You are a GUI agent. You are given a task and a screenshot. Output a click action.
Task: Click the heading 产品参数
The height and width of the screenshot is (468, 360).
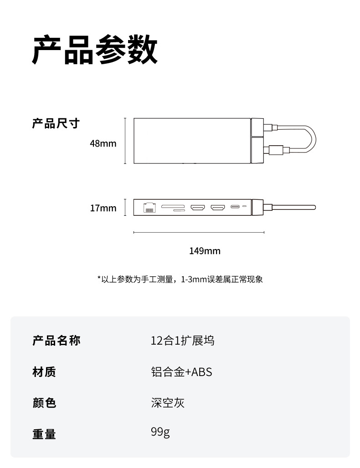tap(95, 50)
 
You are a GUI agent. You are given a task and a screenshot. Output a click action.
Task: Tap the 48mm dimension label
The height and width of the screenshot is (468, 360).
tap(103, 144)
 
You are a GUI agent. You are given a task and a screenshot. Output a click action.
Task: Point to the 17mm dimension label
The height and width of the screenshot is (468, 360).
tap(103, 209)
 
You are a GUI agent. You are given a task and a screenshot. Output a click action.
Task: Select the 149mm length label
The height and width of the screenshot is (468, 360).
tap(205, 251)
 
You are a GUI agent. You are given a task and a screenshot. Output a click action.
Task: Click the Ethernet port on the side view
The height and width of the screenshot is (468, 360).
tap(149, 208)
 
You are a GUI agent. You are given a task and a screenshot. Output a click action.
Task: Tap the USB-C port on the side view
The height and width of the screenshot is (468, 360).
tap(236, 207)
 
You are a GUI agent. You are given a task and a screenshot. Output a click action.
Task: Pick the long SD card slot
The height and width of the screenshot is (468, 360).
tap(173, 206)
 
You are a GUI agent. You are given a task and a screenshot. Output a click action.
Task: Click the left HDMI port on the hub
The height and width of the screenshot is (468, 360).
tap(197, 208)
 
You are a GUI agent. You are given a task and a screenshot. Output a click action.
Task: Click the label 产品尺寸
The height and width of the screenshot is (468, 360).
tap(56, 123)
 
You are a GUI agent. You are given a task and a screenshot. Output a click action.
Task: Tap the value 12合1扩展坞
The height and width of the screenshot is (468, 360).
tap(182, 341)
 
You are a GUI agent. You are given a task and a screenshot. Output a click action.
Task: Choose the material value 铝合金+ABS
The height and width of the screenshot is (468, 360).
tap(181, 372)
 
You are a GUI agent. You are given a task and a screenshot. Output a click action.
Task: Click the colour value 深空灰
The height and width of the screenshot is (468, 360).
tap(168, 402)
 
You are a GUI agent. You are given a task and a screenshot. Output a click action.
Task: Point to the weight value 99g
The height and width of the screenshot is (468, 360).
tap(160, 432)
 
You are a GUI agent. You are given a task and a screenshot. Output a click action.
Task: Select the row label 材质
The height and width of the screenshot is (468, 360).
tap(44, 372)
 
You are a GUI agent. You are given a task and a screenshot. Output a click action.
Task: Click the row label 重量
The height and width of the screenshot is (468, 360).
tap(44, 434)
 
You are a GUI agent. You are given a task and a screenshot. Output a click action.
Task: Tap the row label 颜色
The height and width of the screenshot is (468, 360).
tap(44, 403)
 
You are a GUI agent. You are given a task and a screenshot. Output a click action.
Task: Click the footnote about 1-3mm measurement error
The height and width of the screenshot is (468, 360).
tap(180, 279)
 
